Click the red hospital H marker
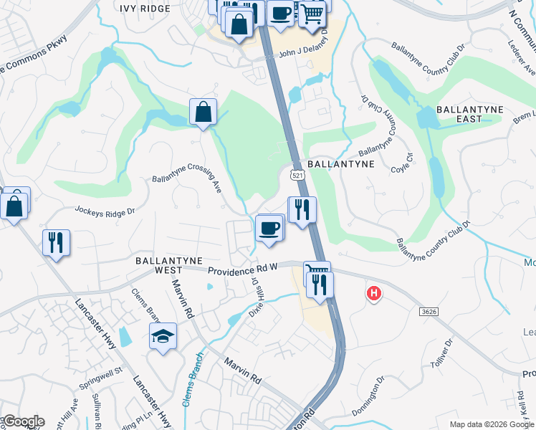373,293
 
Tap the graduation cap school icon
163,335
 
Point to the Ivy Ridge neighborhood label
146,9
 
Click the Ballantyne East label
469,115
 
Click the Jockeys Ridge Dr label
105,211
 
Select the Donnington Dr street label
370,396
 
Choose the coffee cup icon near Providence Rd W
269,228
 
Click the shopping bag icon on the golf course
204,112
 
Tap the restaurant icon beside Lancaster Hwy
55,242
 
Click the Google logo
24,421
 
